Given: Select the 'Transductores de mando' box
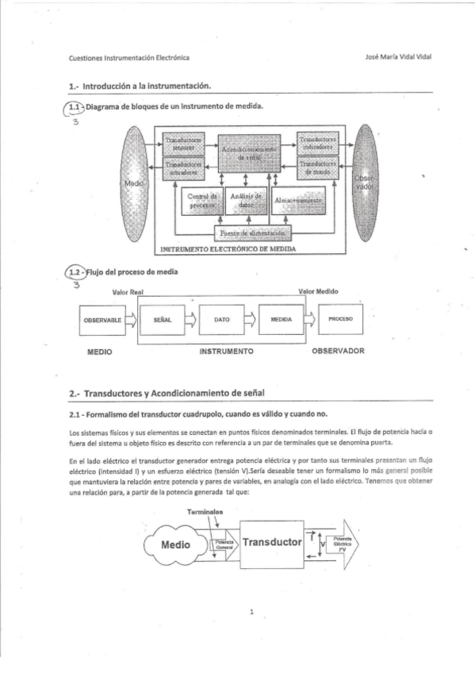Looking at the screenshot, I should [x=319, y=167].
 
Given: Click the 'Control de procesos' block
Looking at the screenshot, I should [x=201, y=200].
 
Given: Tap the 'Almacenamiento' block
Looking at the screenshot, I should [x=297, y=202].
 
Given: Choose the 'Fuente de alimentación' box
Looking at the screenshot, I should [x=253, y=233].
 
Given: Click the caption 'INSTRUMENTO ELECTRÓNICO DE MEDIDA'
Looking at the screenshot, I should [x=228, y=248].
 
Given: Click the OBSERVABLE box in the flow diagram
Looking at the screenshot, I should [x=102, y=319].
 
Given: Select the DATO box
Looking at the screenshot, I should [x=222, y=319].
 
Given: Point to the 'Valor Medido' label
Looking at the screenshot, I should [x=318, y=291].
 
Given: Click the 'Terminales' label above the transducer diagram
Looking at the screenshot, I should [x=205, y=512].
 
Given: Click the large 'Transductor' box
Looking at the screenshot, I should [x=272, y=543].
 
